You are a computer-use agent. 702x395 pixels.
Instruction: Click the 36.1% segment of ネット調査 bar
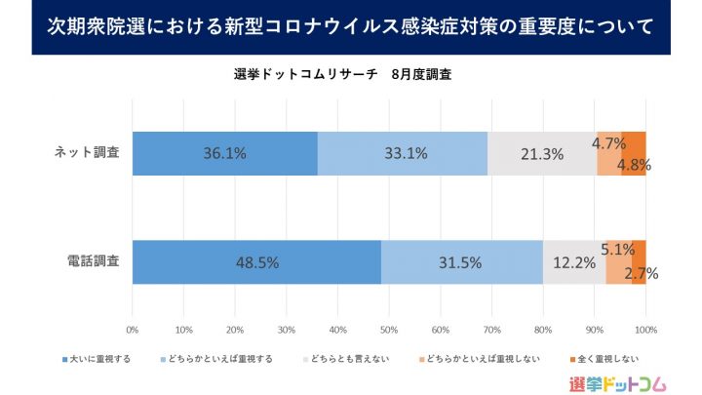click(224, 153)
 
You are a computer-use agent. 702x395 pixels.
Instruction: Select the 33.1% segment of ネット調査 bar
click(402, 153)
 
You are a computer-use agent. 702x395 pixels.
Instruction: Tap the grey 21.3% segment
click(542, 153)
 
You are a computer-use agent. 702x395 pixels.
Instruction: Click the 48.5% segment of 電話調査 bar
click(256, 262)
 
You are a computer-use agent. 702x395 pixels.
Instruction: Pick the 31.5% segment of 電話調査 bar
click(461, 262)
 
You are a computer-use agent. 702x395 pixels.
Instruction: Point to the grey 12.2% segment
click(574, 262)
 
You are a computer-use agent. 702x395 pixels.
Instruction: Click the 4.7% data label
click(609, 143)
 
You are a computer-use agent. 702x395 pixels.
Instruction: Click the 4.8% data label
click(634, 164)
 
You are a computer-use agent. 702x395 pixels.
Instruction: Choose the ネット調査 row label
click(88, 153)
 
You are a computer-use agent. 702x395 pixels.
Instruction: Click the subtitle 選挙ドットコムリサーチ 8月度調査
click(341, 74)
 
